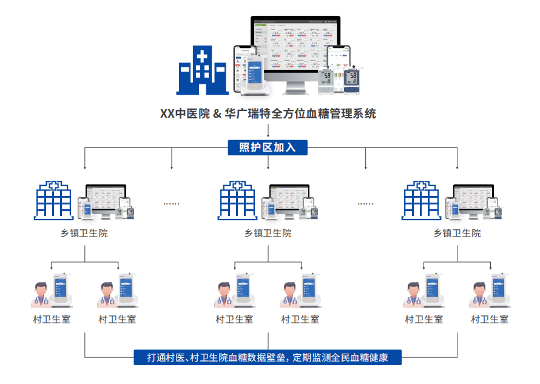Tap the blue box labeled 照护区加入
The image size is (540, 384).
[x=268, y=147]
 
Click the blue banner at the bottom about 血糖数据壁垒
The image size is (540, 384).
[x=268, y=357]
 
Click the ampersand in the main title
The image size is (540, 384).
[x=216, y=113]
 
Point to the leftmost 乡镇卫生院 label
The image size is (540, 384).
[x=84, y=233]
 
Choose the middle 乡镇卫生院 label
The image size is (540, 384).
[x=268, y=233]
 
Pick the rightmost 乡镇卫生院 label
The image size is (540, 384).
[x=457, y=233]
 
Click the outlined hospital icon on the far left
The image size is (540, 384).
[x=55, y=201]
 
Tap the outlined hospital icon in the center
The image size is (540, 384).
[x=238, y=201]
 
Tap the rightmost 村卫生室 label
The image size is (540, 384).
[x=490, y=319]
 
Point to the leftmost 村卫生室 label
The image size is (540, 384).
[x=52, y=319]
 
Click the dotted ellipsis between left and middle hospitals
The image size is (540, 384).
[x=172, y=204]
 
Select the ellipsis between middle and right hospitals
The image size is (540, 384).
[x=365, y=204]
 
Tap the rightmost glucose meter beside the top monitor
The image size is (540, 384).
[x=353, y=79]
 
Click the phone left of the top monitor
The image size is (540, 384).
[x=246, y=67]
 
